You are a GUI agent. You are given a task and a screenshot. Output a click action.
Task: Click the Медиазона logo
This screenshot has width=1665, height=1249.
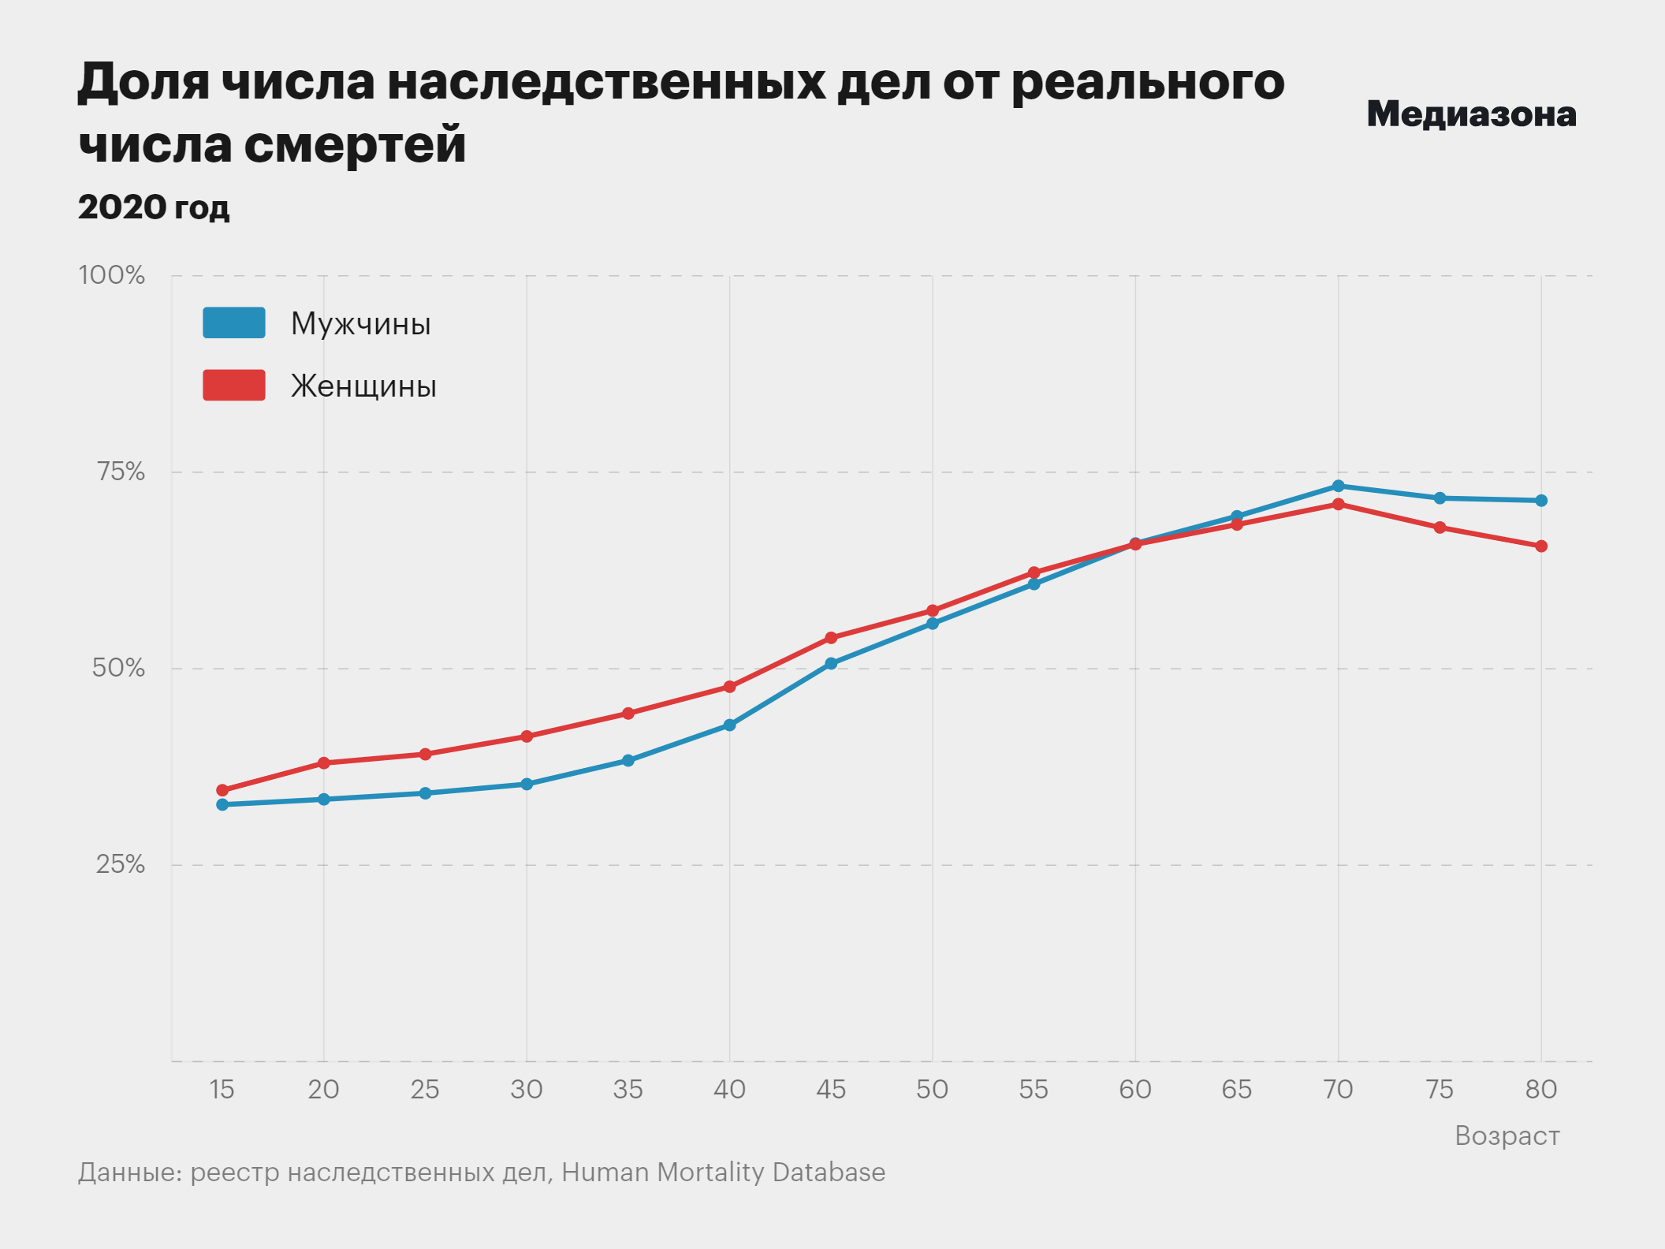coord(1471,114)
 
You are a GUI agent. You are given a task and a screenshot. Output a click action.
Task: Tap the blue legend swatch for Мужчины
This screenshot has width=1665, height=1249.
coord(234,323)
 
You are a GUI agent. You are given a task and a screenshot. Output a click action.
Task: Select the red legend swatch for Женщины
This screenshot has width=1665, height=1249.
coord(234,386)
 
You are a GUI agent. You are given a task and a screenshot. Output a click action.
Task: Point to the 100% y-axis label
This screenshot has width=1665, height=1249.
coord(112,275)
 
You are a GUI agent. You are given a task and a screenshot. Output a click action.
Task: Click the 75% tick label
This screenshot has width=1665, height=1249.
coord(121,472)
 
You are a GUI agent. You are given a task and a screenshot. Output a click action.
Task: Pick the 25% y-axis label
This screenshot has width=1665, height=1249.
coord(121,864)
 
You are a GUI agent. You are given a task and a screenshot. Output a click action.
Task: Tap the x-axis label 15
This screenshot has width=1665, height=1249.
coord(222,1090)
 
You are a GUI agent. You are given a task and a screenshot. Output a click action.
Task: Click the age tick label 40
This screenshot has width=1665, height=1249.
coord(729,1090)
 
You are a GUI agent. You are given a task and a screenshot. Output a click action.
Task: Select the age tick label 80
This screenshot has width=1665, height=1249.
coord(1540,1090)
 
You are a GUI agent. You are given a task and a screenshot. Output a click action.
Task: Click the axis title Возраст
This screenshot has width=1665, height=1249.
coord(1507,1135)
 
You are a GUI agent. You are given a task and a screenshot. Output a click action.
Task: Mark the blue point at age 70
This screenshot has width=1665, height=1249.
coord(1339,487)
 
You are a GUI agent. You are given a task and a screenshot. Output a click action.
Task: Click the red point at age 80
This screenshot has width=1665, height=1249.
coord(1541,546)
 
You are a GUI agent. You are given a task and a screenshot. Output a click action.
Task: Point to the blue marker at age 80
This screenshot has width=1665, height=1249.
coord(1541,501)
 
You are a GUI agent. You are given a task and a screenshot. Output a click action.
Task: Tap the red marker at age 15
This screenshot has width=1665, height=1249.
coord(222,790)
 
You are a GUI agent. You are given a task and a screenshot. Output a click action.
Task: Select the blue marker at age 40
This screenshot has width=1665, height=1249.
coord(729,725)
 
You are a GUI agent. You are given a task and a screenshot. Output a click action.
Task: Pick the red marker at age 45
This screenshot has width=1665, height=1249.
coord(831,638)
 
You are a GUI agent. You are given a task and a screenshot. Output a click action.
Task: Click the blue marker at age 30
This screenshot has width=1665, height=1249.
coord(527,785)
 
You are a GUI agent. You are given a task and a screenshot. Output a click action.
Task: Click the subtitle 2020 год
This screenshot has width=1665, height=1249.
coord(154,207)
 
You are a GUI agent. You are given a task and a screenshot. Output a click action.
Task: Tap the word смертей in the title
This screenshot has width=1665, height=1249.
coord(355,144)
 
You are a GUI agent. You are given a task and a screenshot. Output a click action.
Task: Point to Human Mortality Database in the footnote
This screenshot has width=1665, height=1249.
coord(723,1173)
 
